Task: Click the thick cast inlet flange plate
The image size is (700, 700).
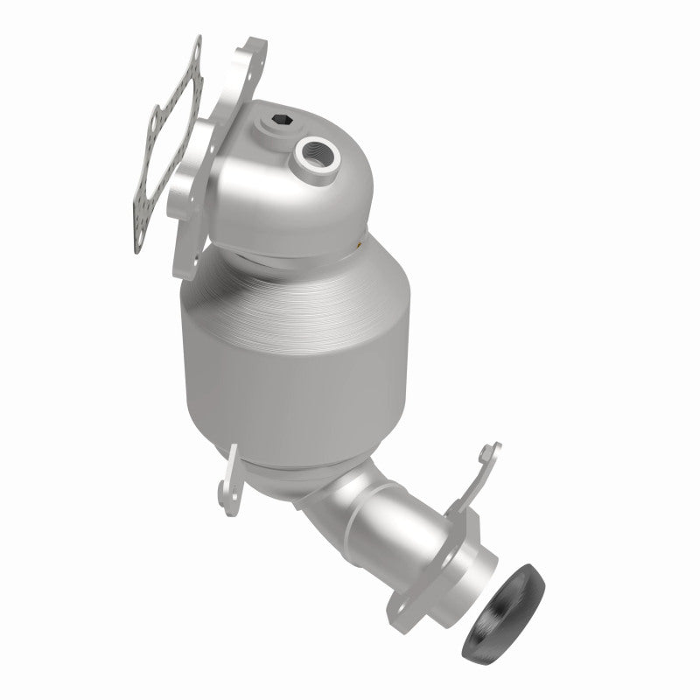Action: [x=223, y=157]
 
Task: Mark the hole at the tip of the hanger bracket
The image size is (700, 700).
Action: [x=492, y=451]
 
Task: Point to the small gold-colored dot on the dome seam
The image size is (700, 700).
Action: [x=361, y=247]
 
